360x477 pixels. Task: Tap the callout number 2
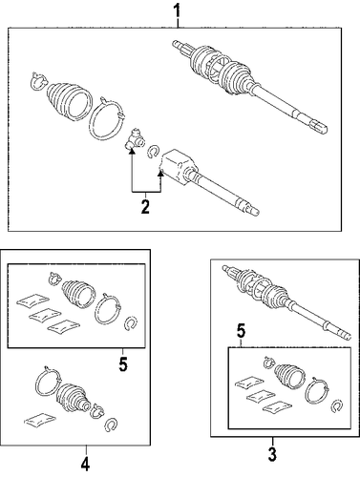[x=145, y=206]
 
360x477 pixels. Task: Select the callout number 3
[x=272, y=454]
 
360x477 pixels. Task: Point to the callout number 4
[x=85, y=464]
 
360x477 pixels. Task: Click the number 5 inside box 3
[x=241, y=332]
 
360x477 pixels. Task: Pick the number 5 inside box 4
[x=123, y=363]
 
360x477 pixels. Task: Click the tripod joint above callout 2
[x=134, y=139]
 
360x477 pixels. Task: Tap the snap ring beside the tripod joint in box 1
[x=154, y=151]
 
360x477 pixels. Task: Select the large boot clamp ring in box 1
[x=106, y=118]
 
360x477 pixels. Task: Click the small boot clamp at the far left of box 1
[x=39, y=81]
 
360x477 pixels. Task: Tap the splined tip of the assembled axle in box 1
[x=319, y=126]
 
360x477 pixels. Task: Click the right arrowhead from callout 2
[x=161, y=174]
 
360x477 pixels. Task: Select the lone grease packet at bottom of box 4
[x=40, y=419]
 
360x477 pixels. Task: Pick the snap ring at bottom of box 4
[x=111, y=424]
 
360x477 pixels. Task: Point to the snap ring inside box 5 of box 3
[x=336, y=406]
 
